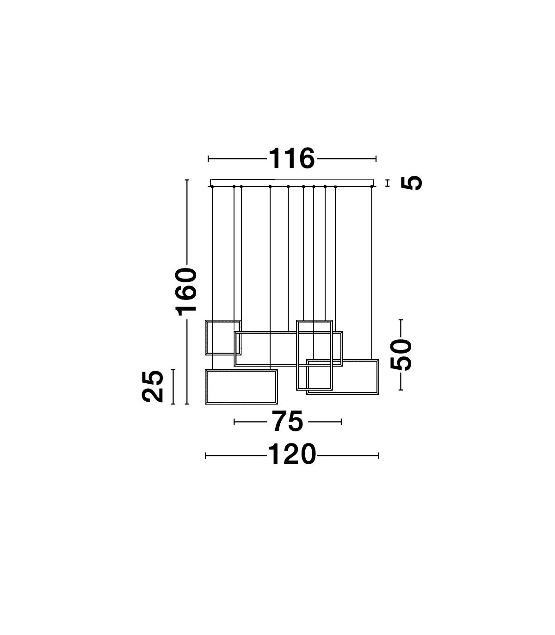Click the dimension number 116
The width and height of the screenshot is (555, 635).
(x=292, y=159)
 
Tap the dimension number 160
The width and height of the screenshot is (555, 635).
(x=186, y=292)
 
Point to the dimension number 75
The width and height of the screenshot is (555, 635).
(x=288, y=421)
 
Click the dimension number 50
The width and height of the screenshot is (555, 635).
(x=401, y=355)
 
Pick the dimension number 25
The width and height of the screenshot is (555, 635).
(x=153, y=386)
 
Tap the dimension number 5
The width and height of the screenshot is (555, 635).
(x=412, y=183)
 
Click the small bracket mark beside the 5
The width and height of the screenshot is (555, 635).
(x=387, y=183)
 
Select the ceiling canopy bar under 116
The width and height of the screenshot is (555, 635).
(x=292, y=183)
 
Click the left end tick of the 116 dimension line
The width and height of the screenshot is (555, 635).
(x=209, y=159)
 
